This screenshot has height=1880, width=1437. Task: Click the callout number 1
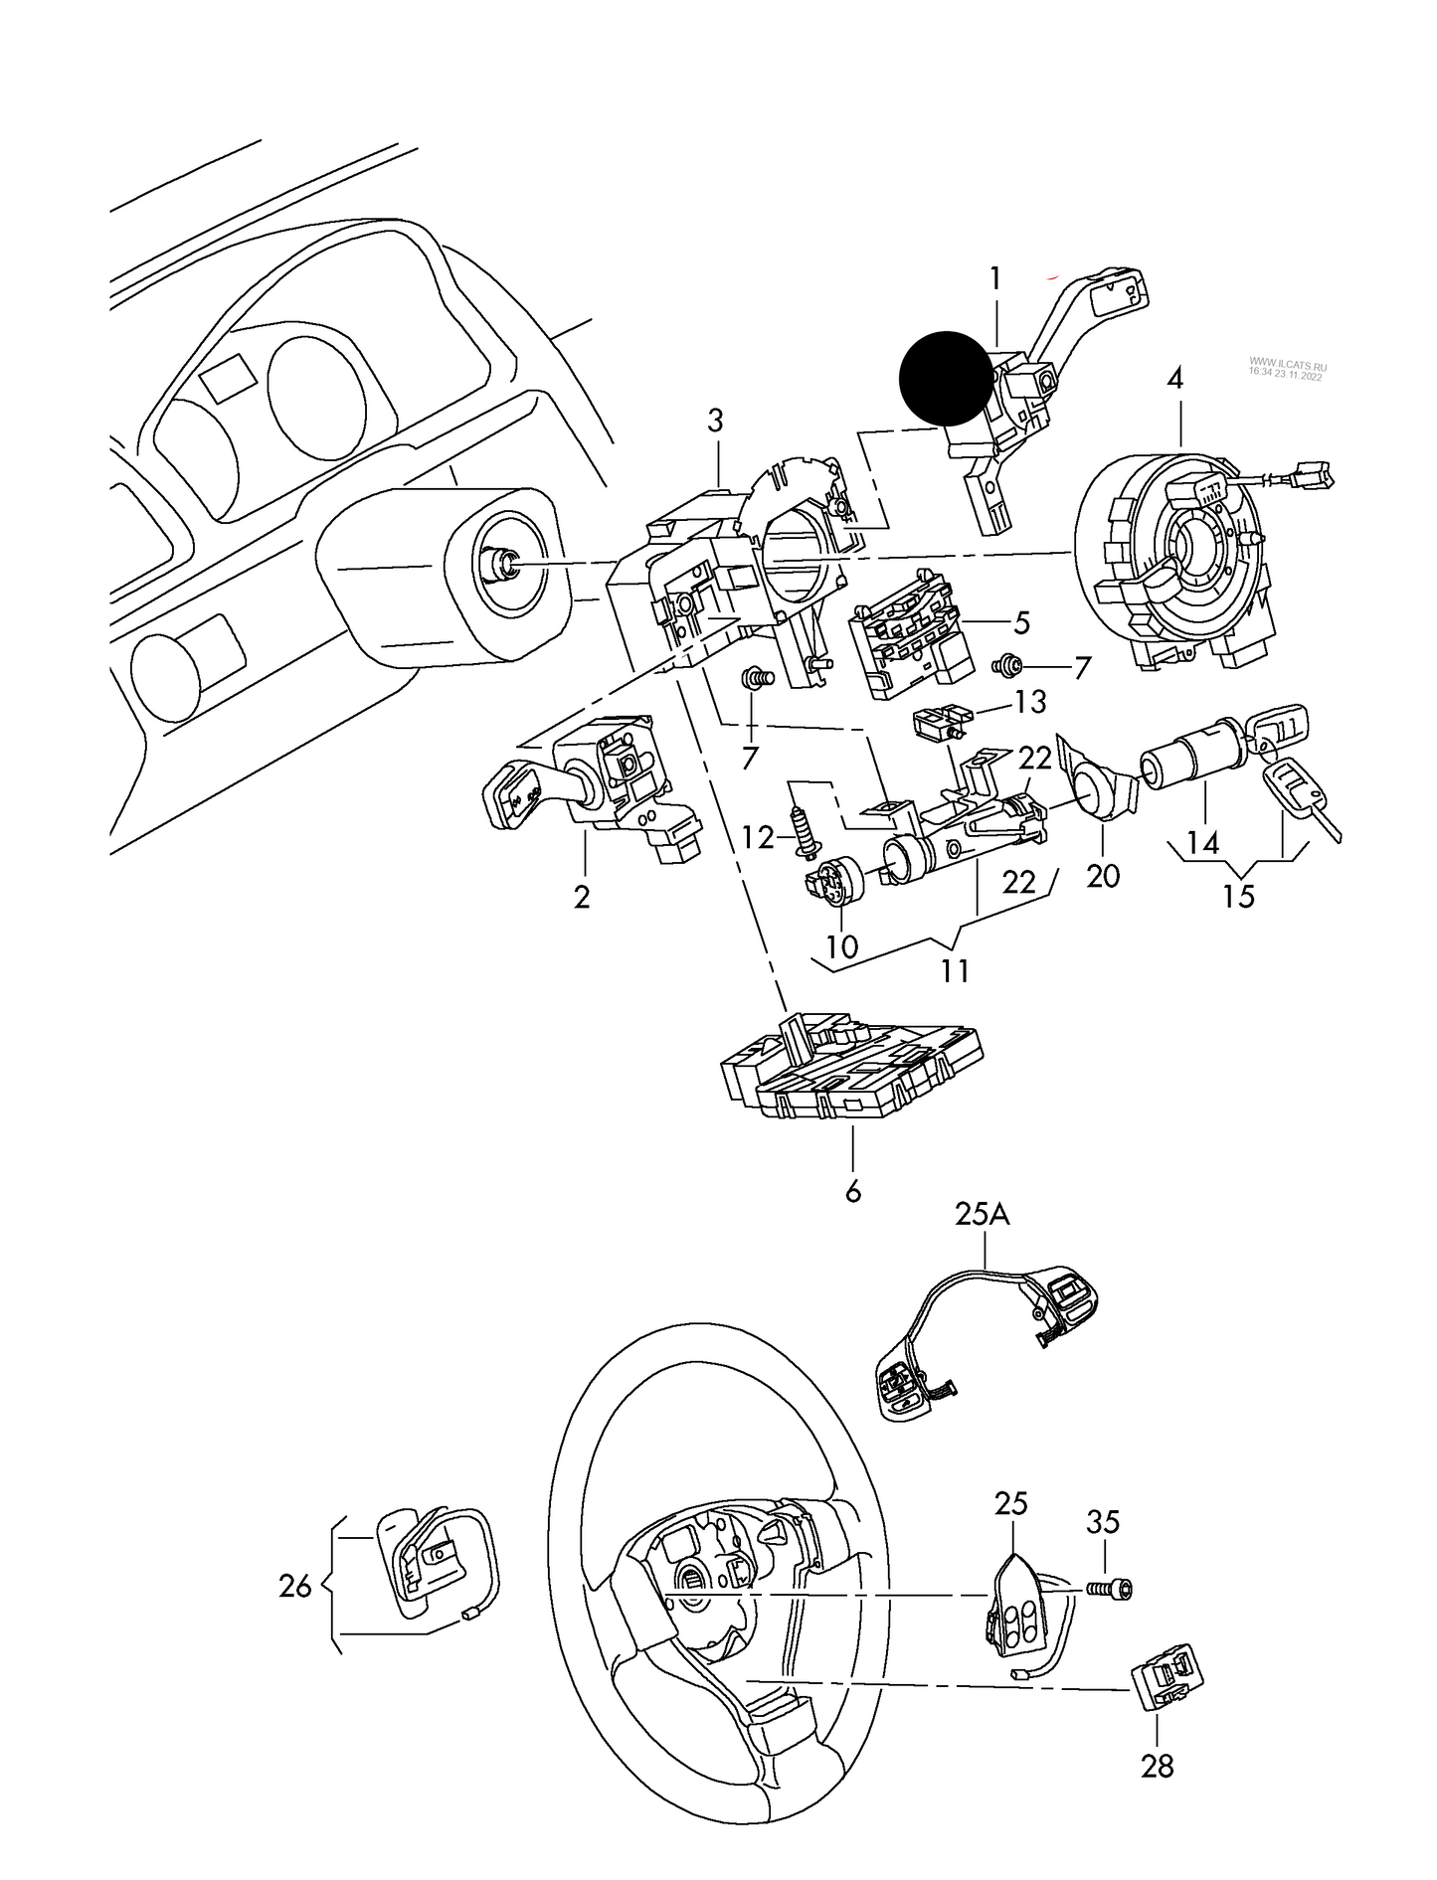click(x=995, y=279)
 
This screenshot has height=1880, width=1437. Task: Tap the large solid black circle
click(x=946, y=379)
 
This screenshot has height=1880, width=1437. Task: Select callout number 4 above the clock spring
click(x=1176, y=378)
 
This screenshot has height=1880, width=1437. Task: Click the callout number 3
click(x=715, y=421)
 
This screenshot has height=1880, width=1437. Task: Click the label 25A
click(x=983, y=1214)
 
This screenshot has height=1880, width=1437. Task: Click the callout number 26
click(x=295, y=1586)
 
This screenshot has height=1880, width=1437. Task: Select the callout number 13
click(x=1030, y=702)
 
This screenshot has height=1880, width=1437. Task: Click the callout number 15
click(x=1239, y=896)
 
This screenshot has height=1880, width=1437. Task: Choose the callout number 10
click(x=841, y=946)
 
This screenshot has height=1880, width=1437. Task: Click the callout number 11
click(x=955, y=969)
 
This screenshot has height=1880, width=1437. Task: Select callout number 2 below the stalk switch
click(x=582, y=896)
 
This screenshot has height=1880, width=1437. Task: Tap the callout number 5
click(x=1021, y=623)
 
